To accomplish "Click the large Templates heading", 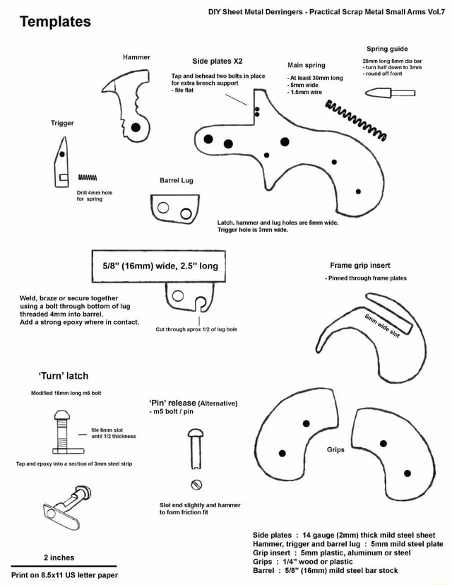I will point(55,21).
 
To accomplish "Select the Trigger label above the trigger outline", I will point(62,123).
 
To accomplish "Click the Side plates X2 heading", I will point(218,61).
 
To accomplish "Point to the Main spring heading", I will point(306,65).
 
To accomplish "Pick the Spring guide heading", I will point(388,49).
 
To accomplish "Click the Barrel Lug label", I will point(177,180).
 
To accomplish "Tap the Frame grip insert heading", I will point(360,266).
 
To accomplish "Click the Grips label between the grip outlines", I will point(335,449).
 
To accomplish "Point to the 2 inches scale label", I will point(59,557).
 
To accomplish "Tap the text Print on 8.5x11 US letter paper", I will point(64,575).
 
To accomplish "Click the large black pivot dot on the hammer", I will point(136,127).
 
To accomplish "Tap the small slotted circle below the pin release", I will point(198,484).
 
